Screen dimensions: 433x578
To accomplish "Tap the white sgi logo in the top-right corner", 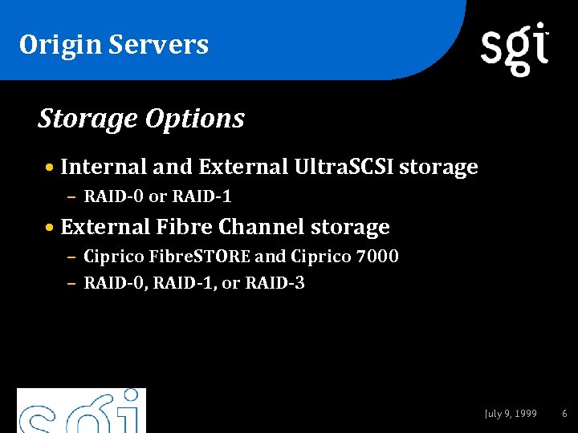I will [x=515, y=48].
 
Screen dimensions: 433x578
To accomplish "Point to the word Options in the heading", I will [x=194, y=119].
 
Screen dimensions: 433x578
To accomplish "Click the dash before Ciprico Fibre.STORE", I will [x=71, y=258].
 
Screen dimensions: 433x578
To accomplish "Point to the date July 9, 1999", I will [x=511, y=414].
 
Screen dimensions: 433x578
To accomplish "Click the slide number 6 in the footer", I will [x=564, y=414].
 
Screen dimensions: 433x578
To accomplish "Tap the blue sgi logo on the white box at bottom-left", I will [x=82, y=411].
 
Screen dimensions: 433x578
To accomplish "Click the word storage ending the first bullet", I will [x=438, y=167].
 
